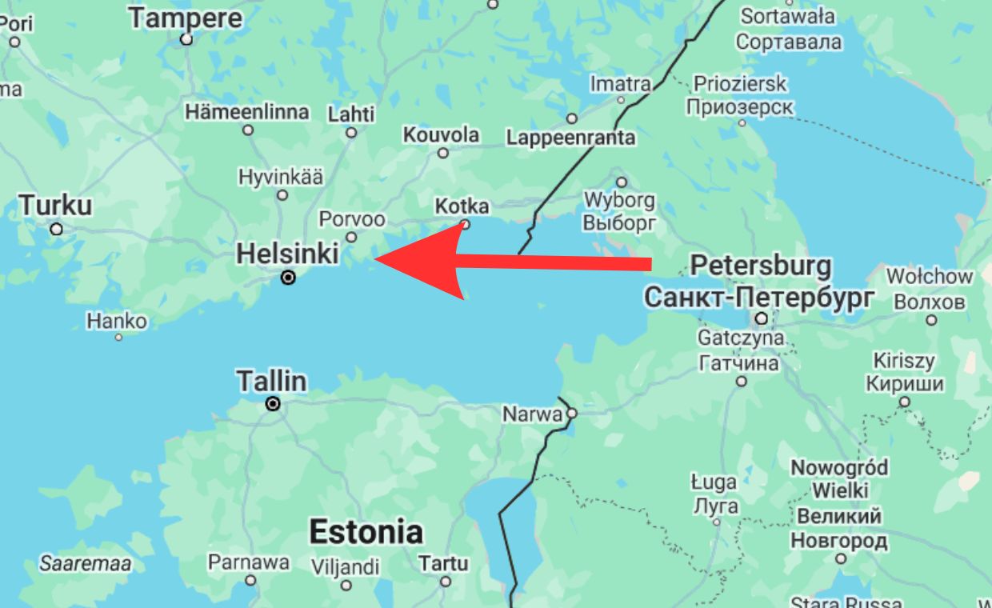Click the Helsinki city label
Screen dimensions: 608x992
click(x=288, y=254)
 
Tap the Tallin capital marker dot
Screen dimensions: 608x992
click(x=273, y=404)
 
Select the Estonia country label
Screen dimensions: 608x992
click(x=366, y=532)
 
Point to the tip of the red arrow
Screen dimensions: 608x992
click(x=375, y=259)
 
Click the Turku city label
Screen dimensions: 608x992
click(x=55, y=205)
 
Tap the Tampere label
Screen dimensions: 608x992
click(x=186, y=18)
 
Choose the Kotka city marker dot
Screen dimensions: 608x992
click(x=465, y=225)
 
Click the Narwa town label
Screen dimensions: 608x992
click(x=532, y=414)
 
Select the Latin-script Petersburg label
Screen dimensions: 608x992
click(x=761, y=266)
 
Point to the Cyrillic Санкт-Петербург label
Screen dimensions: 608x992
click(x=759, y=298)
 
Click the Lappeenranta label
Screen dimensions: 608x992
click(x=570, y=138)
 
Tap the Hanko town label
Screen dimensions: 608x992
click(x=117, y=321)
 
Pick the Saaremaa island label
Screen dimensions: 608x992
click(x=86, y=563)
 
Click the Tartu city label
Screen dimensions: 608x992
click(x=443, y=563)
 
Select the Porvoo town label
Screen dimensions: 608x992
click(x=352, y=218)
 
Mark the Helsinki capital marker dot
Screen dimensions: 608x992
click(x=288, y=278)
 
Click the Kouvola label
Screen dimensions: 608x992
click(x=441, y=134)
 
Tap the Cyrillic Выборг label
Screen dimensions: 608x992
click(x=619, y=222)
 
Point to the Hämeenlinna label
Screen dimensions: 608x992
click(x=247, y=111)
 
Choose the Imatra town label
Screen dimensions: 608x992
click(x=620, y=83)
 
